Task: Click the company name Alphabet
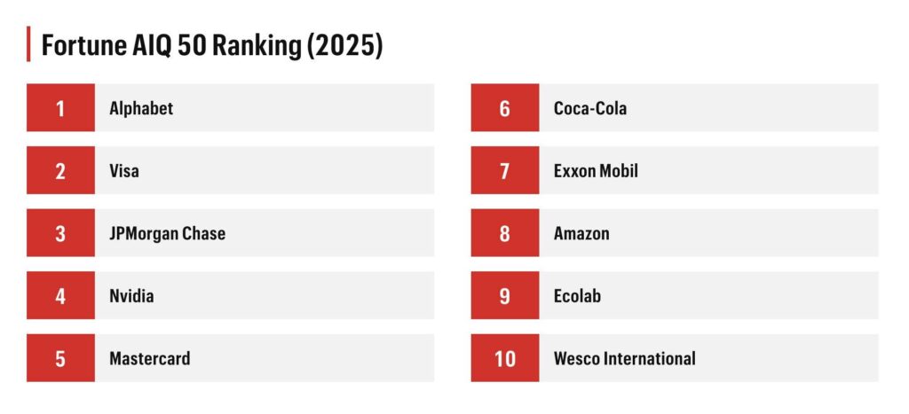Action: [x=141, y=108]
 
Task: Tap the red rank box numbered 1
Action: [x=60, y=108]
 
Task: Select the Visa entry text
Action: [x=124, y=171]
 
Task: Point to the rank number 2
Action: [x=60, y=171]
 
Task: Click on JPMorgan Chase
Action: [x=167, y=234]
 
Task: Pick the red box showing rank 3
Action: [x=60, y=234]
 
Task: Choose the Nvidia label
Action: [x=131, y=296]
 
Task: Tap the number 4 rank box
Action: [x=60, y=296]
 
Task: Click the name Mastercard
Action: [x=149, y=359]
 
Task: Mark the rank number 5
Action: [x=60, y=359]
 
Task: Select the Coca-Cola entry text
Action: [x=589, y=108]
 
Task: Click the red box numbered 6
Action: [x=504, y=108]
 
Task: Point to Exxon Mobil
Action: [x=596, y=171]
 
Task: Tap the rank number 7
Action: [x=504, y=171]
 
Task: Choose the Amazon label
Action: [x=581, y=234]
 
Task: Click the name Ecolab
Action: [x=577, y=296]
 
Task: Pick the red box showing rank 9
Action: [x=504, y=296]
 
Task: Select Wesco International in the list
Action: [x=624, y=359]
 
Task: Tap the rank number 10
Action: [x=504, y=359]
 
